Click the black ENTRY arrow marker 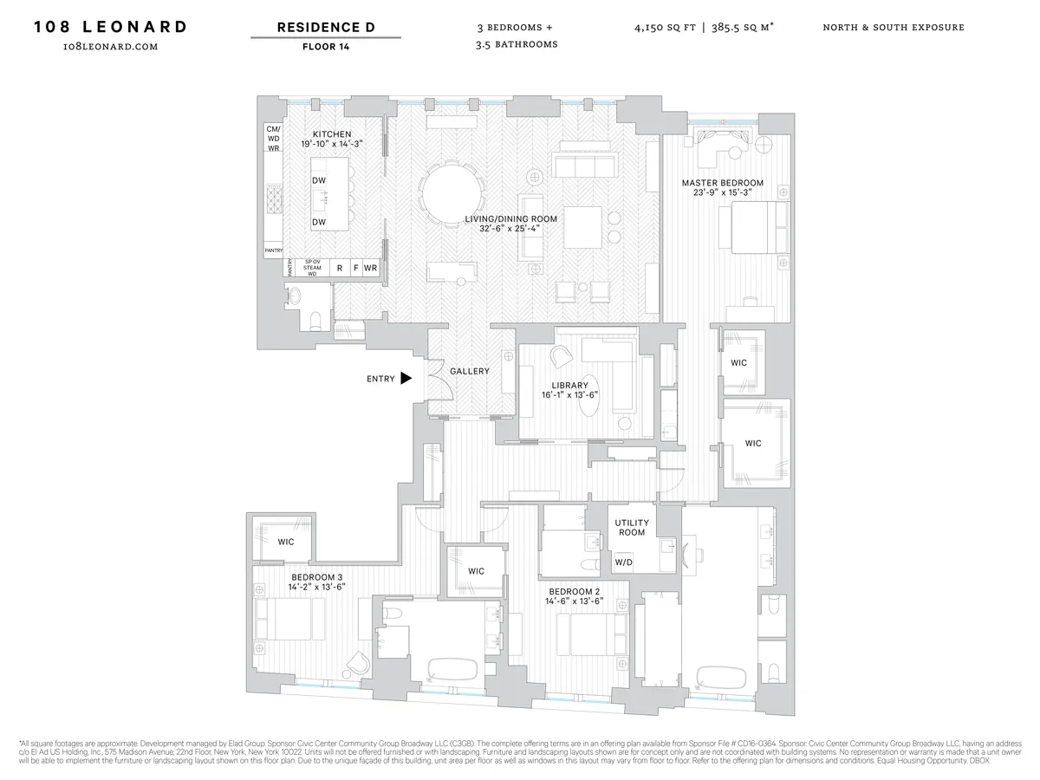click(405, 379)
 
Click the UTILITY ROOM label click(630, 528)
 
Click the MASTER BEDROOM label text click(722, 183)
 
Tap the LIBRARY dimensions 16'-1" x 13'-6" click(569, 396)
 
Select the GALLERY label click(469, 371)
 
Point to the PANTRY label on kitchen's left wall click(274, 250)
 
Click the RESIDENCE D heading click(326, 28)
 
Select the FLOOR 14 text click(326, 47)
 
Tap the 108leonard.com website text click(110, 47)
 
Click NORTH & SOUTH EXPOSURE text click(894, 28)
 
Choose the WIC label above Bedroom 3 click(286, 542)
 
